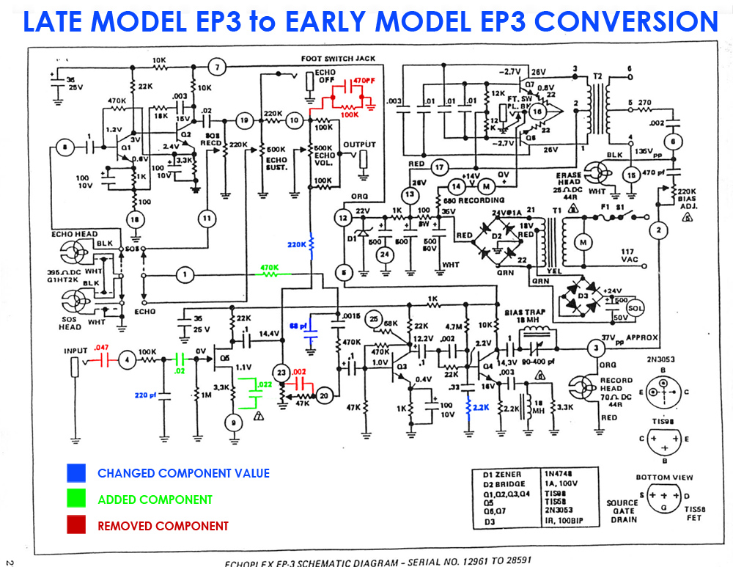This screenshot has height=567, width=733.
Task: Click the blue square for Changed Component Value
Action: coord(76,473)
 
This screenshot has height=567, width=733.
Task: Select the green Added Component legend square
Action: coord(76,500)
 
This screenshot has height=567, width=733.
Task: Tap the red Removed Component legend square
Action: coord(76,525)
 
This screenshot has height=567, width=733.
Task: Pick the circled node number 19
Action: coord(246,120)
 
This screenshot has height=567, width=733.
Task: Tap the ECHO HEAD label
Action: coord(74,234)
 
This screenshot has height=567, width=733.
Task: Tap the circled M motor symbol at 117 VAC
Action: coord(585,242)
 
